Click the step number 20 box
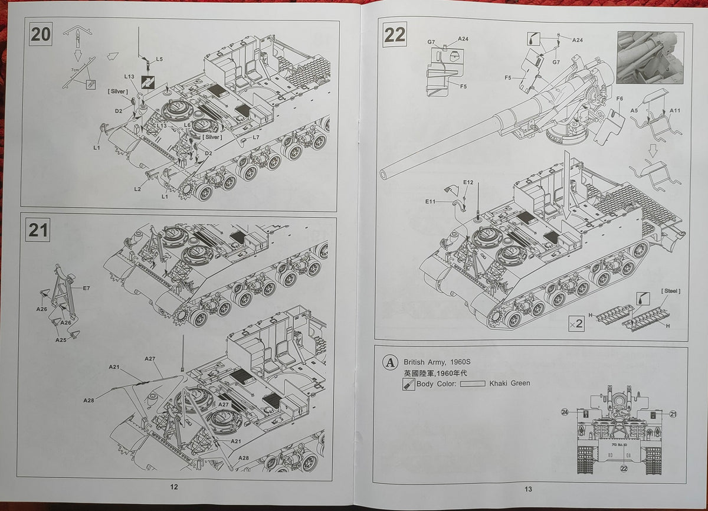click(x=41, y=34)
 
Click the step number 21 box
click(x=38, y=230)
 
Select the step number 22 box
click(x=395, y=35)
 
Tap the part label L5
click(x=159, y=60)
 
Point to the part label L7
click(x=256, y=137)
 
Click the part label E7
click(x=86, y=288)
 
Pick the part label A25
click(x=61, y=340)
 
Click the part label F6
click(x=619, y=99)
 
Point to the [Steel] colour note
click(x=671, y=291)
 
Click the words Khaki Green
click(x=509, y=383)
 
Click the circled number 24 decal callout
click(x=565, y=412)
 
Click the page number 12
click(x=173, y=487)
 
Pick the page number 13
click(x=528, y=489)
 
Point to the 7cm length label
click(x=75, y=70)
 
